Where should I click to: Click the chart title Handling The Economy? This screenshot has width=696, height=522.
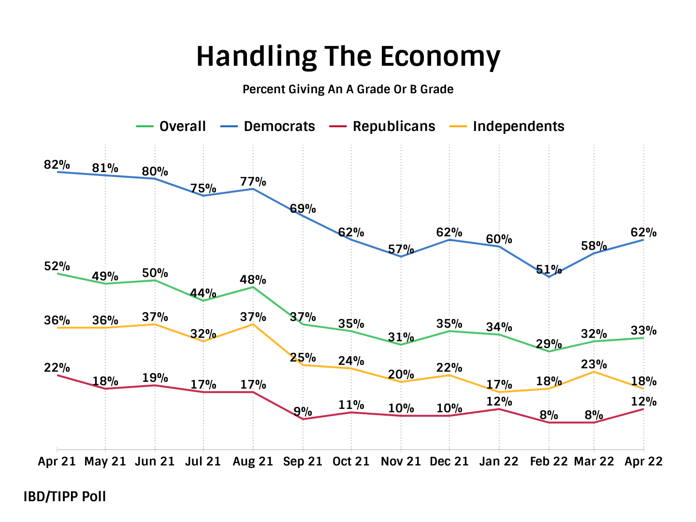click(348, 57)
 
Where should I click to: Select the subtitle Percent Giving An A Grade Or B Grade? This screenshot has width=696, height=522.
click(348, 89)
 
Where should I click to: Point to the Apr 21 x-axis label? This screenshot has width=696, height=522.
click(57, 462)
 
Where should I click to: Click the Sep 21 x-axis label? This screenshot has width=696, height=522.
click(303, 462)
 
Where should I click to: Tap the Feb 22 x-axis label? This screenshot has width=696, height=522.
click(549, 462)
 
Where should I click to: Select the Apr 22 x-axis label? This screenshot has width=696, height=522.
click(643, 462)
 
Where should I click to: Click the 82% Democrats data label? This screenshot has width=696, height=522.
click(57, 165)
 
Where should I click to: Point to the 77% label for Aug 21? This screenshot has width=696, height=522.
click(253, 182)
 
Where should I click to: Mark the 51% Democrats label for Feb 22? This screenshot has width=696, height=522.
click(549, 269)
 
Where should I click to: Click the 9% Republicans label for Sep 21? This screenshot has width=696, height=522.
click(303, 412)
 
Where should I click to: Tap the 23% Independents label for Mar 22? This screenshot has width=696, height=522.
click(594, 364)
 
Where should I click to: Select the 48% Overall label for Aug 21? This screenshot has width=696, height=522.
click(253, 280)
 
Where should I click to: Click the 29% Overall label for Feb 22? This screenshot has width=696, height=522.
click(549, 344)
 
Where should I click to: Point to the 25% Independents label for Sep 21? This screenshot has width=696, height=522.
click(303, 358)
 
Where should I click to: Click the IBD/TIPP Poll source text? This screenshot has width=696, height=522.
click(65, 496)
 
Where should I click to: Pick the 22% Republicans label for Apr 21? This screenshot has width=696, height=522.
click(57, 368)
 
